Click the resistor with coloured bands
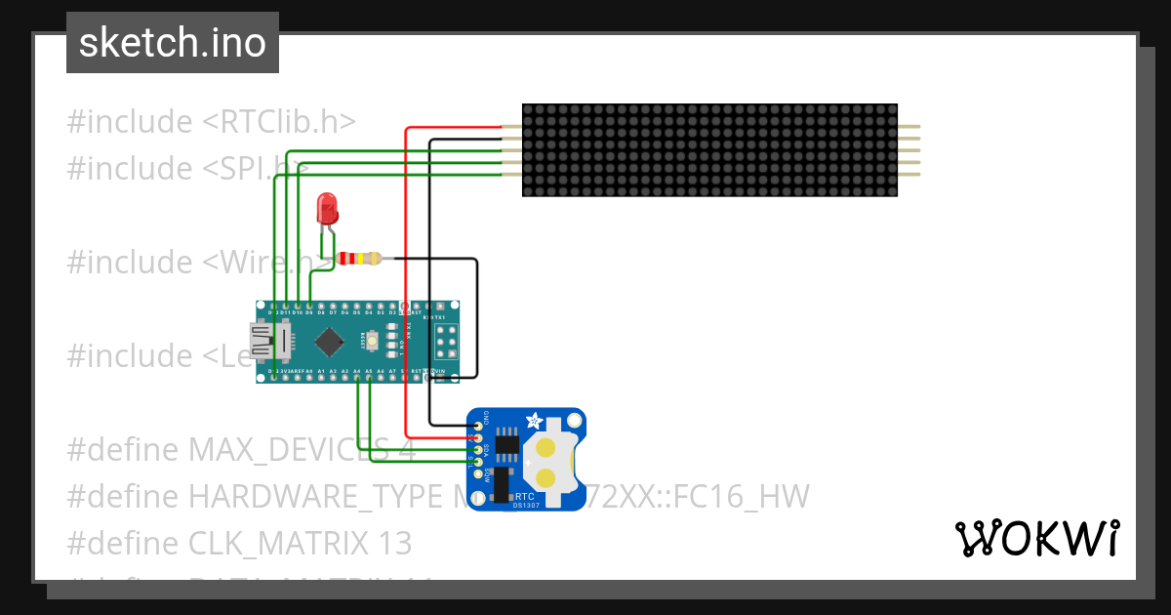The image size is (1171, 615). click(x=360, y=259)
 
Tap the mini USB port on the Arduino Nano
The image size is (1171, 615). click(x=262, y=341)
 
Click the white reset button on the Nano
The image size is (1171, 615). click(x=371, y=341)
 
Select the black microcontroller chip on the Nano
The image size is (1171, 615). click(x=330, y=341)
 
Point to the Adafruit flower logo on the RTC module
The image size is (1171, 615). click(x=533, y=422)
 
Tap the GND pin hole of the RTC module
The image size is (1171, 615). click(x=479, y=427)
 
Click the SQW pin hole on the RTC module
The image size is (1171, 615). click(x=479, y=473)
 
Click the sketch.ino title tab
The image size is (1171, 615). click(x=173, y=43)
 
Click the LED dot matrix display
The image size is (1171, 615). click(x=709, y=150)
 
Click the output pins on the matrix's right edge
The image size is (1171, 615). click(x=909, y=150)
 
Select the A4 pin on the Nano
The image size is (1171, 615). click(x=357, y=372)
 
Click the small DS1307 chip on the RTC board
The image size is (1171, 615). click(x=506, y=444)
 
